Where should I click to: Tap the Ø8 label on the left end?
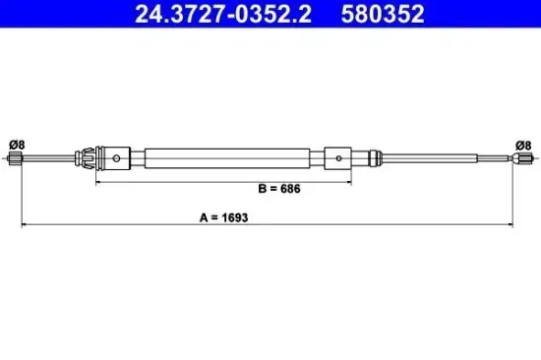click(x=16, y=144)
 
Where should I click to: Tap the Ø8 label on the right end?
click(x=523, y=144)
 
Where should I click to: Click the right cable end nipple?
click(x=525, y=157)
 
